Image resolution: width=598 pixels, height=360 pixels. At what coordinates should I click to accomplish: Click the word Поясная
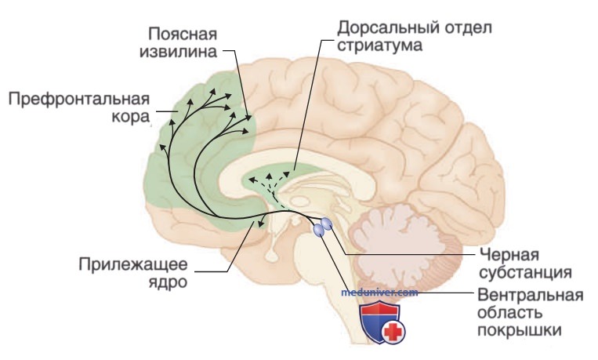coord(183,35)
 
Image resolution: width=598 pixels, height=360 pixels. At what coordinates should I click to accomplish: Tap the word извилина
coord(178,52)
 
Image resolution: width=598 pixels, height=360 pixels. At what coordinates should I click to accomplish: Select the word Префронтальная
coord(79,100)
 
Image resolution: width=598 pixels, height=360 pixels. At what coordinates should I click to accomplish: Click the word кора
coord(130,117)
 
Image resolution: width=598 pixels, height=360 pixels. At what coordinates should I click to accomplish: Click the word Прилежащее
coord(133,264)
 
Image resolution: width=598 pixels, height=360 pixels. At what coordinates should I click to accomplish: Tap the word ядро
coord(168,282)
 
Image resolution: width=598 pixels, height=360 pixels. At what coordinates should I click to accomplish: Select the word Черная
coord(509,255)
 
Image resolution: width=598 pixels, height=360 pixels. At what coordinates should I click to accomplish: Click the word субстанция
coord(525,273)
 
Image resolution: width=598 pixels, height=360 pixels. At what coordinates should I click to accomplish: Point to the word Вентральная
coord(530,296)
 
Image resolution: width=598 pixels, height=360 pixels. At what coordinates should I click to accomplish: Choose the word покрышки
coord(519,330)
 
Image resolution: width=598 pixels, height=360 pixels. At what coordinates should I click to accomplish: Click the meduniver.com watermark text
coord(379,293)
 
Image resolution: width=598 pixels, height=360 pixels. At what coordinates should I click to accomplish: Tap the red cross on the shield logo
coord(393,332)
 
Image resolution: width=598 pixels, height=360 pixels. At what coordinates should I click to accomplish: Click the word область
coord(509,313)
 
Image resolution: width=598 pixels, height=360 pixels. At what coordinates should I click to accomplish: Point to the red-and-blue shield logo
coord(382,321)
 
